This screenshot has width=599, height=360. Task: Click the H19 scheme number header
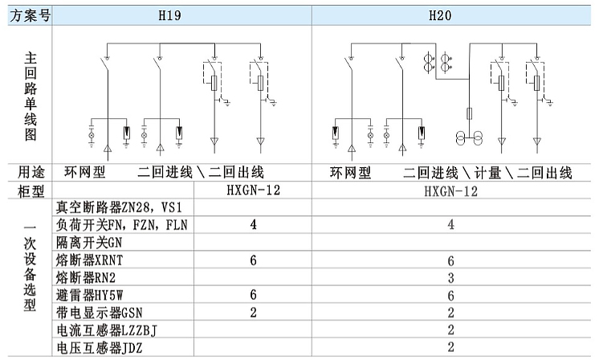point(169,15)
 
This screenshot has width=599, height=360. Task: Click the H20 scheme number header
point(440,15)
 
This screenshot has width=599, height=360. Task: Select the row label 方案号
point(30,15)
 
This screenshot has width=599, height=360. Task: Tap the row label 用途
point(31,172)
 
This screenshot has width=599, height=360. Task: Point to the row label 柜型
point(31,190)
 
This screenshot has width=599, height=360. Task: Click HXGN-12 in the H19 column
point(253,190)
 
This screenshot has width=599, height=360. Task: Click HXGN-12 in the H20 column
point(451,190)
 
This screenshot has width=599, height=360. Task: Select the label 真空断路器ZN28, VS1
point(119,207)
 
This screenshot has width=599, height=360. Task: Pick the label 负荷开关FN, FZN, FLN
point(122,225)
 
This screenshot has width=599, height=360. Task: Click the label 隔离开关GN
point(89,243)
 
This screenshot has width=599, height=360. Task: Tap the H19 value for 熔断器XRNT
point(253,260)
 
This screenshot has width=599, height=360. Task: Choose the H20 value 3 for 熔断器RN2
point(451,278)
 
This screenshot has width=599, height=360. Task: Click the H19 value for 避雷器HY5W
point(253,295)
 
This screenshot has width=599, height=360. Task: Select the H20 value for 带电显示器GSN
point(451,313)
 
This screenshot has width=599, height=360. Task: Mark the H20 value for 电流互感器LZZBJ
point(451,329)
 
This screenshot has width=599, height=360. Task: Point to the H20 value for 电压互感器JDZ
point(451,347)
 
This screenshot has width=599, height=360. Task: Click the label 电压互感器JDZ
point(100,348)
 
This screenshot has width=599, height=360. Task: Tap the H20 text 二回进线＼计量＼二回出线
point(487,173)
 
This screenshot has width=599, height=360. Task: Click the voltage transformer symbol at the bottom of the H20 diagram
point(469,137)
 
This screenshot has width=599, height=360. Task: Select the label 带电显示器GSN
point(100,313)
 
